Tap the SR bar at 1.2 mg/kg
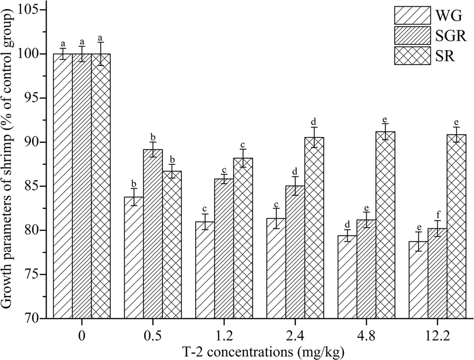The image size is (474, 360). [243, 238]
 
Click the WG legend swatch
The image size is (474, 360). [410, 15]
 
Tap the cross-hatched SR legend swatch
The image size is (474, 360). [410, 56]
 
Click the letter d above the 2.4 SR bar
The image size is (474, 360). [314, 121]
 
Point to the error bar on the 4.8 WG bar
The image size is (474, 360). [347, 235]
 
